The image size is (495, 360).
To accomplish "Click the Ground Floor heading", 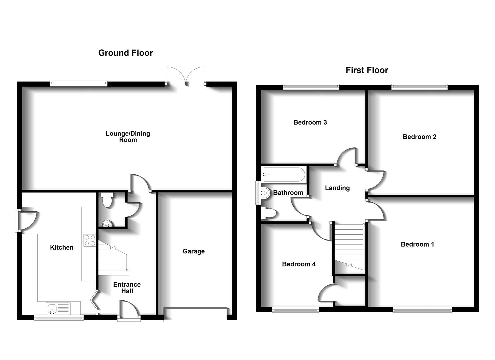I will pos(125,53).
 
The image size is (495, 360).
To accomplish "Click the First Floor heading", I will pos(367,70).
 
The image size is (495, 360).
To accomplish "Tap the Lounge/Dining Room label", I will pos(128,137).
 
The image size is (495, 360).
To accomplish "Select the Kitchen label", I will pos(62,247).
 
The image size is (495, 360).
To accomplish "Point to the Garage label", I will pos(193,251).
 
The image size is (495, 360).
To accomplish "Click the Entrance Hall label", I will pos(127,288).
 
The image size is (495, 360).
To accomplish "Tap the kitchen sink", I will pos(58,309).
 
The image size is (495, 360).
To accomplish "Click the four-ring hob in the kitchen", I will pos(90,240).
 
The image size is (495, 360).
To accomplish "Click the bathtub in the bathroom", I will pos(283,174).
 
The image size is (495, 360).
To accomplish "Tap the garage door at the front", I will pos(195,315).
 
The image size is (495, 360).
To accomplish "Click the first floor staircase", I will pos(349,247).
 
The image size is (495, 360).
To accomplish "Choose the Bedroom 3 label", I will pos(310,122).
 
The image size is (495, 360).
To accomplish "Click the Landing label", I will pos(337,188).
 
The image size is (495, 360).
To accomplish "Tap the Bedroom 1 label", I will pos(417,244).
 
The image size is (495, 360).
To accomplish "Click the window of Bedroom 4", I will pos(295,310).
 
